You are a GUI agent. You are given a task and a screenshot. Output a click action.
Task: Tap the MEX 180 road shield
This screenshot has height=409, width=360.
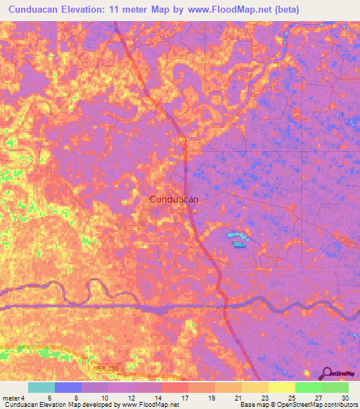click(105, 368)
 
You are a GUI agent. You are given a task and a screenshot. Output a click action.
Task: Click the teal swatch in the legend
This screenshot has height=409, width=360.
click(41, 387)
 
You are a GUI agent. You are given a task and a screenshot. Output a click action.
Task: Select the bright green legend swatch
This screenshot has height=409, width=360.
click(308, 387)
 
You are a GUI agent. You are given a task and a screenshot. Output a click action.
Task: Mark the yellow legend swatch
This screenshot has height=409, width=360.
click(281, 387)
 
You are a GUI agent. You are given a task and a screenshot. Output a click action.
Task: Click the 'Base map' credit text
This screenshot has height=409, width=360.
click(255, 405)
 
